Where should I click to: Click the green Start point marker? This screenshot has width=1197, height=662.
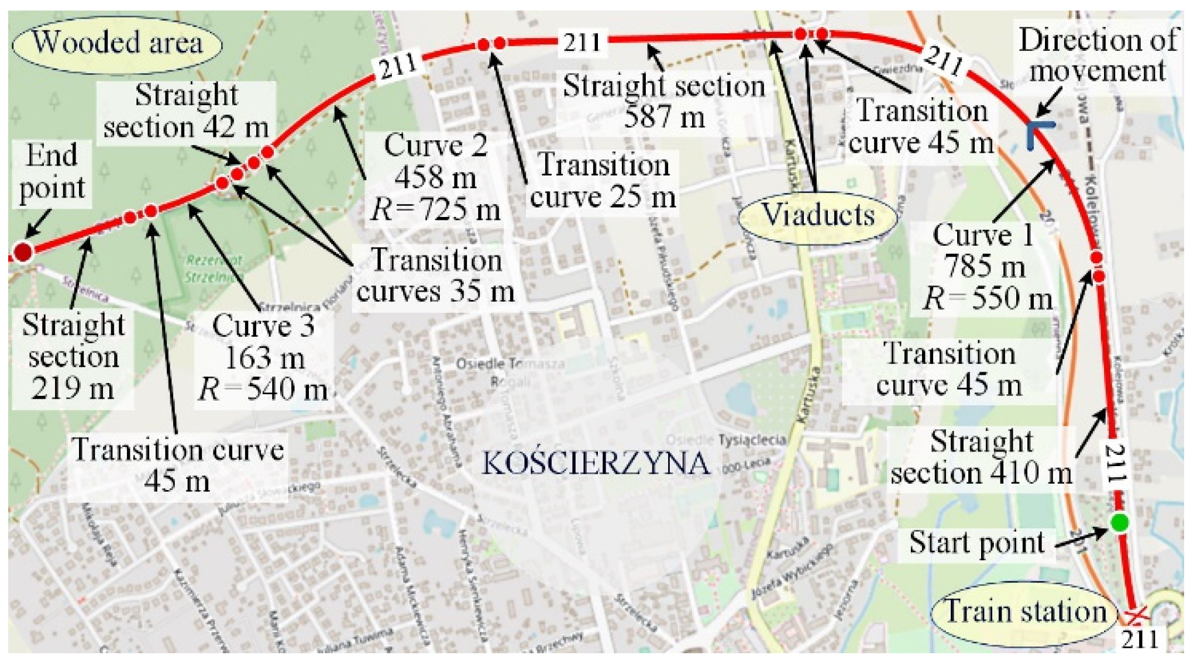coord(1119,522)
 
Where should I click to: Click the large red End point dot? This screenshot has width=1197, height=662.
coord(22,252)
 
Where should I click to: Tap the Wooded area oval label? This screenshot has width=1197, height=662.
coord(117,43)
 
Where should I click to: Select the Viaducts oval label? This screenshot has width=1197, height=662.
coord(818,216)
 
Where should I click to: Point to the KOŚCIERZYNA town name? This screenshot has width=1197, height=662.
coord(596,463)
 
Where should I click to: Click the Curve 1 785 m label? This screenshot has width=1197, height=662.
coord(986,267)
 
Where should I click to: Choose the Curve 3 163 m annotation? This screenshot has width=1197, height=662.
coord(263,357)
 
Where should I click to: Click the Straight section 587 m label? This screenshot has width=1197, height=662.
coord(664,101)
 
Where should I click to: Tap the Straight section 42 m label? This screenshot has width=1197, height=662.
coord(186,111)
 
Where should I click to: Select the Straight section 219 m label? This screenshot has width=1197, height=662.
coord(73,357)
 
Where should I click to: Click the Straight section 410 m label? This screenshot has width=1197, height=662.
coord(981,457)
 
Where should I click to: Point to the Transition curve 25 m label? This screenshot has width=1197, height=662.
coord(603,180)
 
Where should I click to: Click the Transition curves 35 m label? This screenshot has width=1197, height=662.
coord(436,275)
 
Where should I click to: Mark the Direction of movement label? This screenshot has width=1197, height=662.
coord(1098,56)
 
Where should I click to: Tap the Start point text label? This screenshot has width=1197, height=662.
coord(976,543)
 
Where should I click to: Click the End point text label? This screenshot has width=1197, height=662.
coord(52,172)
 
